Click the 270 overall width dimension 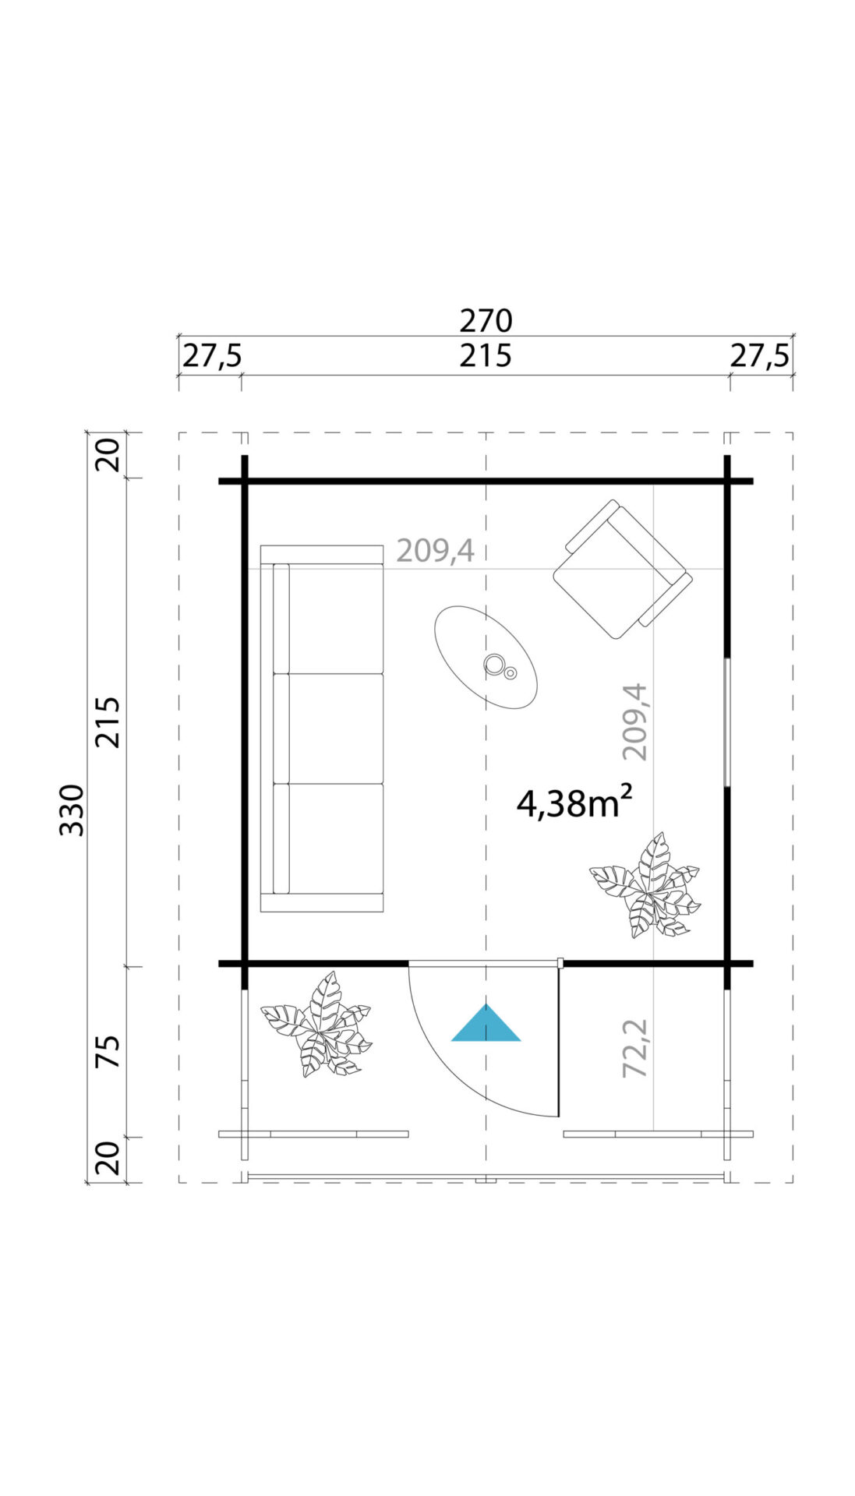point(486,320)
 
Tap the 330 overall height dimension point(72,810)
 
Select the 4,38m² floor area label point(574,803)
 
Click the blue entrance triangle point(486,1022)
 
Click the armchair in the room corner point(622,569)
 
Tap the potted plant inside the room point(645,885)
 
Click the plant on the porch point(316,1025)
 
